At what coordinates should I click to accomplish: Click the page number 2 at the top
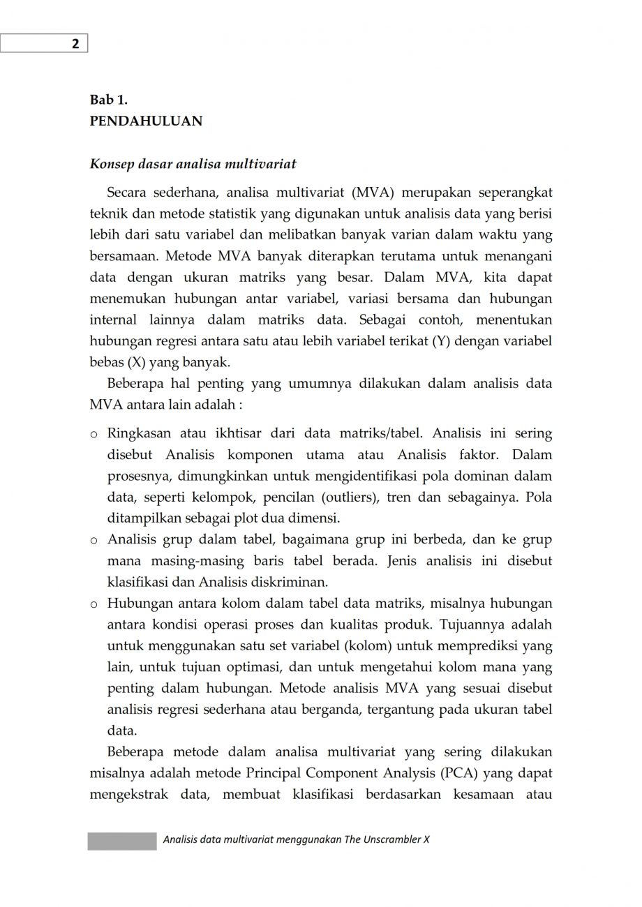[75, 44]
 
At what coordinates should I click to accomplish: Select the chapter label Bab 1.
[108, 100]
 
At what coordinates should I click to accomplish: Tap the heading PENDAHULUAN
[146, 121]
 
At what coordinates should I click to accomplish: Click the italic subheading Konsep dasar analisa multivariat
[193, 164]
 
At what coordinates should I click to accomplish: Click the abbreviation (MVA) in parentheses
[373, 193]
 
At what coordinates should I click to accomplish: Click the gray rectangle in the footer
[122, 841]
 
